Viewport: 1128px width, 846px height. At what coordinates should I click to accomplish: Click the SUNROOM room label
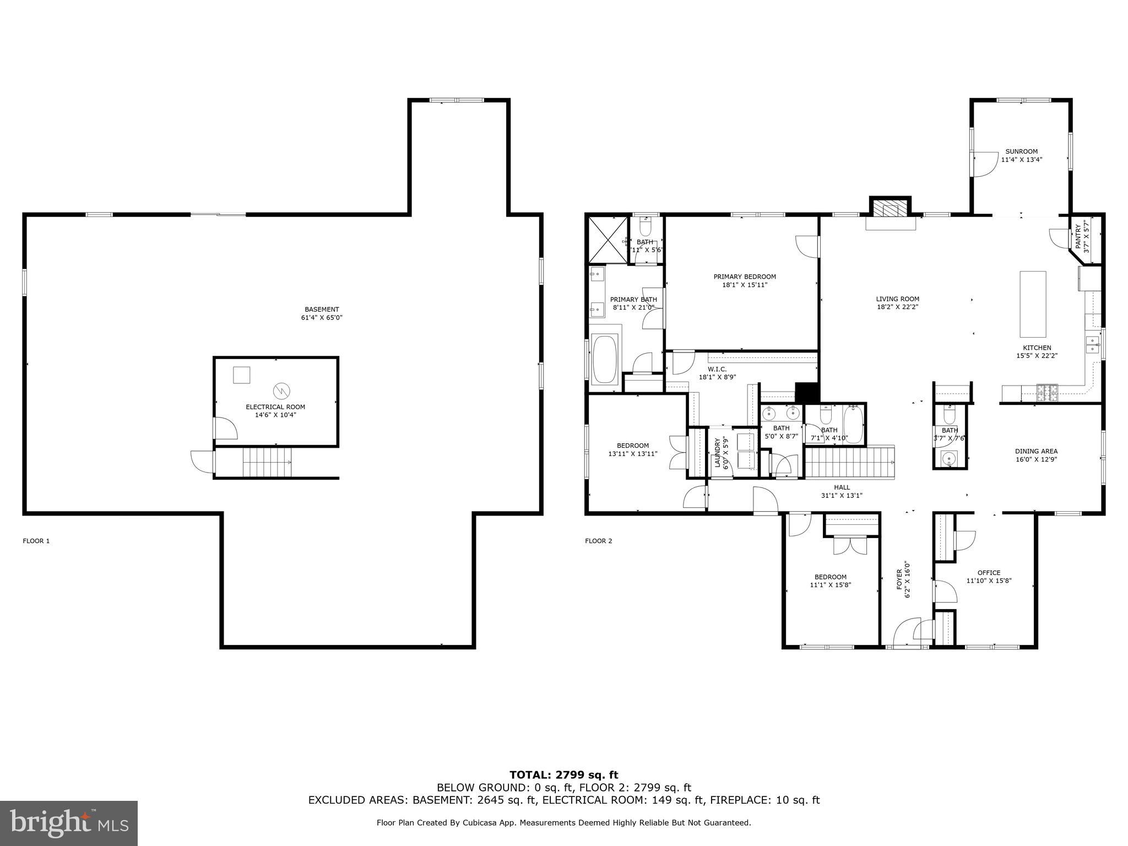pyautogui.click(x=1021, y=151)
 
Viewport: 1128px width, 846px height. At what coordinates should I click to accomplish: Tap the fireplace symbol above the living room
pyautogui.click(x=890, y=209)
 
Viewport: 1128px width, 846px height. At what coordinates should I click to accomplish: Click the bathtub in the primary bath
pyautogui.click(x=605, y=360)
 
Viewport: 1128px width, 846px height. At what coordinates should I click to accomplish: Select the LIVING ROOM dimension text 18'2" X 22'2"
pyautogui.click(x=897, y=307)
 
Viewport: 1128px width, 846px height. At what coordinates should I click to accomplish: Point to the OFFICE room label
pyautogui.click(x=989, y=573)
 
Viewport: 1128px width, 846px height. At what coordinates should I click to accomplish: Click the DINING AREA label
pyautogui.click(x=1036, y=451)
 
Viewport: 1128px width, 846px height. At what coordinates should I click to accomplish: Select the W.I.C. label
pyautogui.click(x=717, y=369)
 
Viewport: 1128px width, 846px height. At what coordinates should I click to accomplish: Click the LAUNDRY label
pyautogui.click(x=718, y=453)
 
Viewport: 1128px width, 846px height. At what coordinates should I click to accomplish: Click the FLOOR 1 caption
pyautogui.click(x=36, y=541)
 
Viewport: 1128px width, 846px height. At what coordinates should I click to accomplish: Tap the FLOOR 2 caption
pyautogui.click(x=598, y=541)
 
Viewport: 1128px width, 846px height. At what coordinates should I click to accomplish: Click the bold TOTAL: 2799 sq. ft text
pyautogui.click(x=563, y=775)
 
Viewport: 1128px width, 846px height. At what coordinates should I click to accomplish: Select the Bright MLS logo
pyautogui.click(x=69, y=823)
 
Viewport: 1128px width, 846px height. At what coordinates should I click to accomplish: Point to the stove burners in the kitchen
pyautogui.click(x=1048, y=393)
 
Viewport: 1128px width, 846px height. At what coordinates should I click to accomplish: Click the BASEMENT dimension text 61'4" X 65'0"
pyautogui.click(x=322, y=317)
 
